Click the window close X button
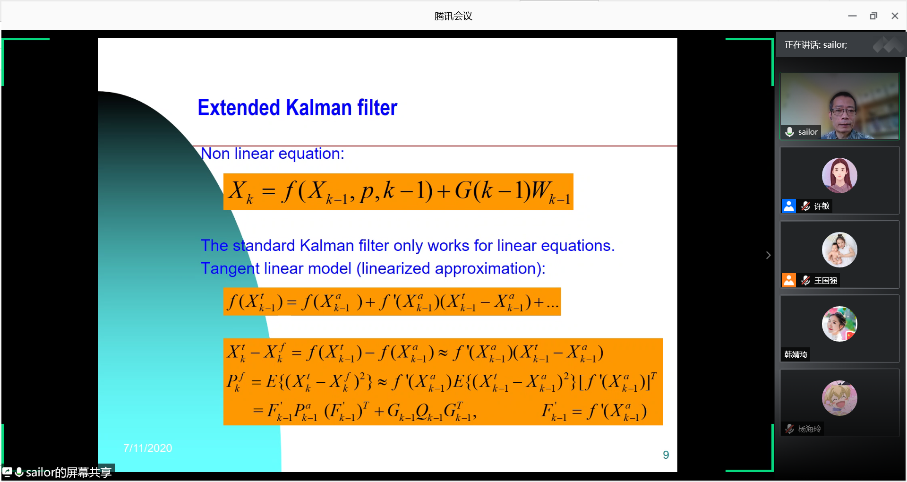(895, 16)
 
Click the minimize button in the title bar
(852, 16)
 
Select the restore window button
(873, 16)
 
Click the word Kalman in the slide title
(319, 108)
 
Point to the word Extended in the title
(239, 108)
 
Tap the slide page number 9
(666, 455)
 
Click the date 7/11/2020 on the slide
(148, 448)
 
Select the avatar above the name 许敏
(839, 175)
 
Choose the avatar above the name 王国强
(839, 250)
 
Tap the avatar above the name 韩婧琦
(839, 324)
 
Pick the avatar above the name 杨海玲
(839, 398)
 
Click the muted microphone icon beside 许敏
(805, 206)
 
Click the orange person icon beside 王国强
(789, 280)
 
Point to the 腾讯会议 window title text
(453, 16)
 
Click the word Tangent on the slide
(230, 268)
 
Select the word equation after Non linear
(311, 154)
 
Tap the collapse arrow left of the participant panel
(768, 255)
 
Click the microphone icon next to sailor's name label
(789, 132)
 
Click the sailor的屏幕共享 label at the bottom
(68, 472)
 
